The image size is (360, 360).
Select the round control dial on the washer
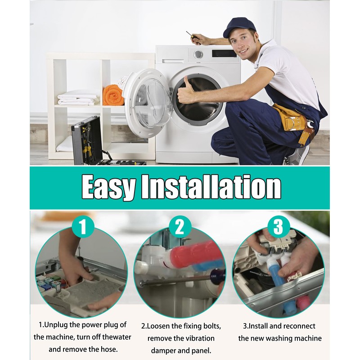198,54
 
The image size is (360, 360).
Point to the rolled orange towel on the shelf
113,95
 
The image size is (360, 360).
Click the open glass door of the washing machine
148,103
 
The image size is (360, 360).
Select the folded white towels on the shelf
78,98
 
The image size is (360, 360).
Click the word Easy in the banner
108,187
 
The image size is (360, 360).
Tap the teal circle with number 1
83,227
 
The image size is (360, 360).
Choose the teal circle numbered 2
180,227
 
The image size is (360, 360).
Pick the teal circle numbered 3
278,227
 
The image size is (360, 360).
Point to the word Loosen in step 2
158,326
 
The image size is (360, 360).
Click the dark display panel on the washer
224,53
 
